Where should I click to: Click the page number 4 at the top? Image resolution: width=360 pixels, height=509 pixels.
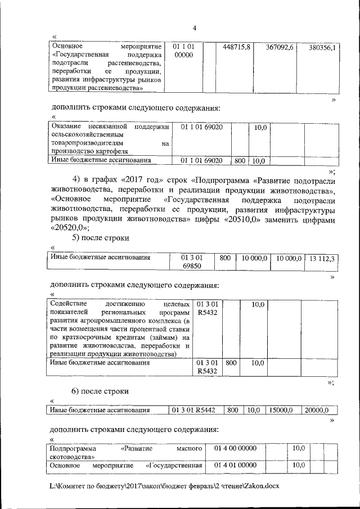point(194,29)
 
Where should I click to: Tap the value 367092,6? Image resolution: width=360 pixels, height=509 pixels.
point(280,47)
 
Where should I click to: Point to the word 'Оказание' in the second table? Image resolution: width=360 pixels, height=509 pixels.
point(66,127)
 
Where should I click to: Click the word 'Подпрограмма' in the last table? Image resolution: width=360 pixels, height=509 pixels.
point(73,449)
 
